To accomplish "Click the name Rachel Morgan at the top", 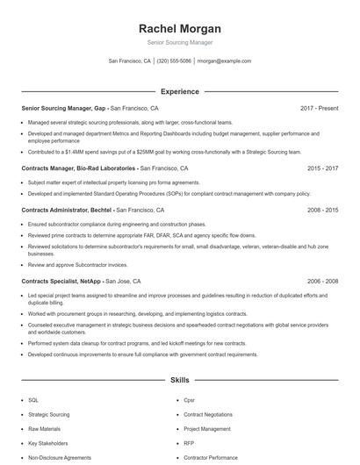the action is pos(179,28).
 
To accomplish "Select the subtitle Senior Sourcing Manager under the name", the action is pos(179,42).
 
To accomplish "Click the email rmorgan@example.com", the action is pos(224,61).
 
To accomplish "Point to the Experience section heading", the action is pos(179,91).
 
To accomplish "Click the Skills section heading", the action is pos(179,381).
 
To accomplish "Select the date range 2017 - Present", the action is pos(320,108).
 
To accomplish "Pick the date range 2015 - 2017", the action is pos(322,168).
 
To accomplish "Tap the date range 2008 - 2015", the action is pos(322,211).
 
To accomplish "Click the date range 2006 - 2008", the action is pos(322,281).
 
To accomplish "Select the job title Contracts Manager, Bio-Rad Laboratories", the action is pos(79,168).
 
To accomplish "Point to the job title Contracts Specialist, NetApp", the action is pos(61,281).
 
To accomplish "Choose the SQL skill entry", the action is pos(33,399).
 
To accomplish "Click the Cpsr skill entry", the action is pos(189,399).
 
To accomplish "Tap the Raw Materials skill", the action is pos(44,428).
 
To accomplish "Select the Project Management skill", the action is pos(208,428).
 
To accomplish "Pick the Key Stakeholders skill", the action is pos(47,443).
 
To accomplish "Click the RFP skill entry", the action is pos(189,443).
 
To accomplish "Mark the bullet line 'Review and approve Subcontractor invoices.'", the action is pos(77,264).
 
